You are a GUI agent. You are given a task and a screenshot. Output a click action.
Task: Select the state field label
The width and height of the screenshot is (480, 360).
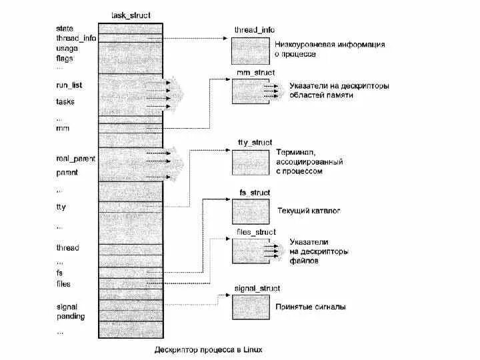65,28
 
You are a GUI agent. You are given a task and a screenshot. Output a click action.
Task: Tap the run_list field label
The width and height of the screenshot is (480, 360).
69,85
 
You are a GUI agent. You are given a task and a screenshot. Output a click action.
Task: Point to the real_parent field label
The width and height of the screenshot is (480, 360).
76,159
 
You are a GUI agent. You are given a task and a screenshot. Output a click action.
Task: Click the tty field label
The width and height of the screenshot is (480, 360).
61,207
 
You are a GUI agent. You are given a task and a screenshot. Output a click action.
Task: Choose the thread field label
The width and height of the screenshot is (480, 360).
67,248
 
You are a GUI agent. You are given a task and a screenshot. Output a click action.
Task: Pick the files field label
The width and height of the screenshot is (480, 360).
63,284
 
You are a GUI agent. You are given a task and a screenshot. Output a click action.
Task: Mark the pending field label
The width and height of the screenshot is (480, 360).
71,316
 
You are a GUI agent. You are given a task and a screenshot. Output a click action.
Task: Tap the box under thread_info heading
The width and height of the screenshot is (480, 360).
250,49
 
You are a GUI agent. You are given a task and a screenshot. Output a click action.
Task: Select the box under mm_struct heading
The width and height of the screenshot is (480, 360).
250,91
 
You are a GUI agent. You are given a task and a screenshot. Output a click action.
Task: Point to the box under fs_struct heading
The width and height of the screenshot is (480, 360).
250,211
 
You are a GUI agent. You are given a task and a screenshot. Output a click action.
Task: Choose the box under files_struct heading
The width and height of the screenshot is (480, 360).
250,251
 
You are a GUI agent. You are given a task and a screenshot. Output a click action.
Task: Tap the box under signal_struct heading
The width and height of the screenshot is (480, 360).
250,307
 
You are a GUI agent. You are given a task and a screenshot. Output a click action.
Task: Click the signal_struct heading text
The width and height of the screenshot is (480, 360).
257,288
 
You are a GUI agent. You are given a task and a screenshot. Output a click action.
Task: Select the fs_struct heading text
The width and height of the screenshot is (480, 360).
255,193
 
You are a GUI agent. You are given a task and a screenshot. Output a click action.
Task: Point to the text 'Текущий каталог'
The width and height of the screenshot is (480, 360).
309,211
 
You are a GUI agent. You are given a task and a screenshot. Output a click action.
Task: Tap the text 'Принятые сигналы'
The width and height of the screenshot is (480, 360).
311,307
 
